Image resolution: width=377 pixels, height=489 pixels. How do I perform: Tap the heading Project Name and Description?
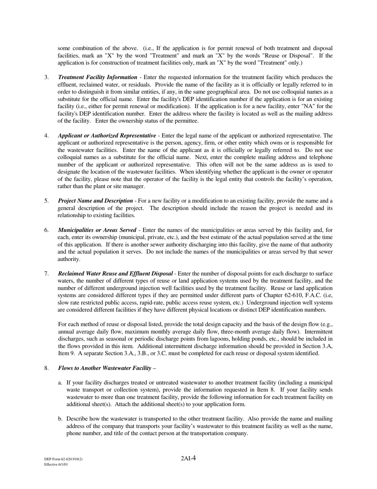[x=95, y=201]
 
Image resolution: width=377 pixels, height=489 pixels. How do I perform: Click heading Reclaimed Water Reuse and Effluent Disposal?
[x=115, y=274]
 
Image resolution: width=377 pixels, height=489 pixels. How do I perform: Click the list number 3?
[x=46, y=77]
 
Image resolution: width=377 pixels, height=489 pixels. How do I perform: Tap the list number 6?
[x=46, y=230]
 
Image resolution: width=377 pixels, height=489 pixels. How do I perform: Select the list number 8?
[x=46, y=368]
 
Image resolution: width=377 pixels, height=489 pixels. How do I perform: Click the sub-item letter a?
[x=60, y=383]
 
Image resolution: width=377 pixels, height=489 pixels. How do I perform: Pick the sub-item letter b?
[x=60, y=419]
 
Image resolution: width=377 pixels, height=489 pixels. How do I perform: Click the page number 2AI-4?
[x=188, y=458]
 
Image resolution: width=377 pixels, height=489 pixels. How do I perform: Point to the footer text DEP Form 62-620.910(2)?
[x=63, y=459]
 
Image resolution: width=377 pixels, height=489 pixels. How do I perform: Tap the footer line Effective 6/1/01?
[x=56, y=464]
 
